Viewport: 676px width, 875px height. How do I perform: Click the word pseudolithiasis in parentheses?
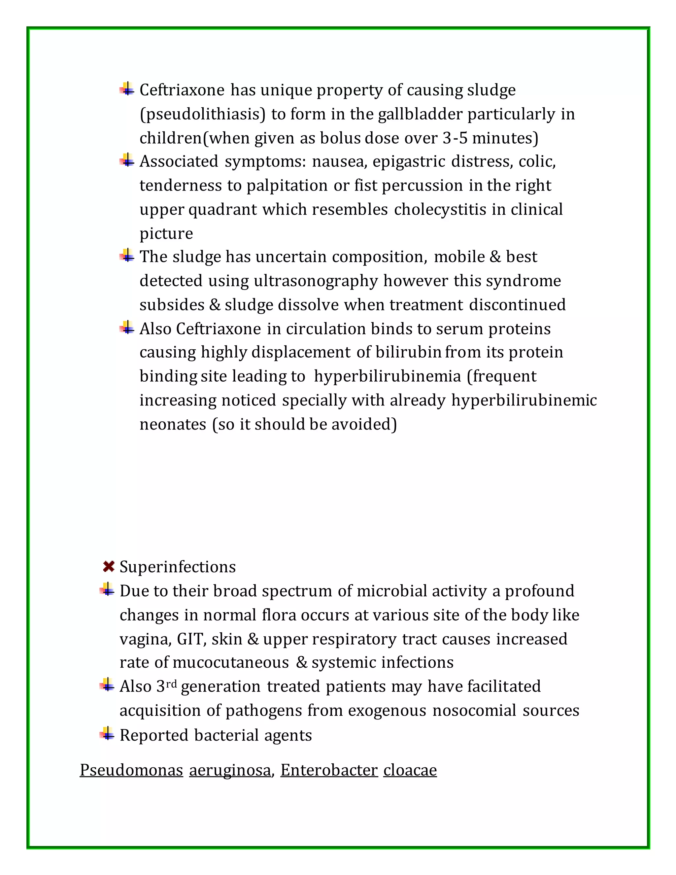click(203, 115)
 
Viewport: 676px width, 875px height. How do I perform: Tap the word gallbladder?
click(420, 115)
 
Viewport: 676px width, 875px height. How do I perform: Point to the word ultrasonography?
click(316, 281)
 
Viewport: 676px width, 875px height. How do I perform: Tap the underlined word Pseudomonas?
click(131, 770)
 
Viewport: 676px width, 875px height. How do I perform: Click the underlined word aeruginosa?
click(230, 770)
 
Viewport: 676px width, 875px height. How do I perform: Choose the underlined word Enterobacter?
click(329, 770)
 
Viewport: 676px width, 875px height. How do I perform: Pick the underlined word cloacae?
click(410, 770)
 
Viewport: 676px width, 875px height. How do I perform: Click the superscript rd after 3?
click(171, 683)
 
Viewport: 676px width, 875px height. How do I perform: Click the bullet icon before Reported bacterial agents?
click(107, 734)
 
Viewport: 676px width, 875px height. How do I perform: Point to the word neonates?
click(173, 425)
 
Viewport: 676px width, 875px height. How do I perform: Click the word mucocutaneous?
click(231, 663)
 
